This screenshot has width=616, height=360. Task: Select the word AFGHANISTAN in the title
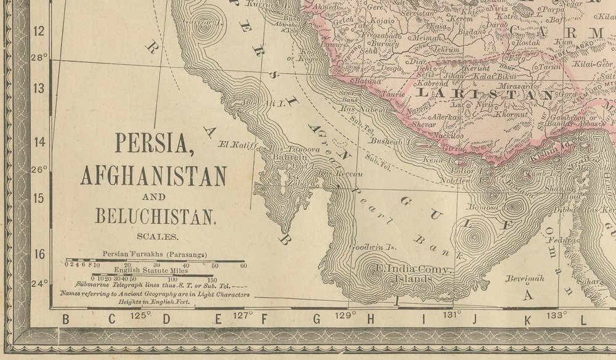point(153,176)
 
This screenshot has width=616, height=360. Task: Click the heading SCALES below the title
point(158,236)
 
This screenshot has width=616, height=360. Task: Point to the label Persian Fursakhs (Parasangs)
point(155,254)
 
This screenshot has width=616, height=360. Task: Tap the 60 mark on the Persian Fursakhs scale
point(244,266)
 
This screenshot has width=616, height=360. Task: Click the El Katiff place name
point(237,145)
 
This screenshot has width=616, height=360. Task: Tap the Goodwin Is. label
point(371,247)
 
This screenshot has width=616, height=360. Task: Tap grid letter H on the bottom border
point(371,319)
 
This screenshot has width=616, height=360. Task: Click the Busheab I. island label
point(385,141)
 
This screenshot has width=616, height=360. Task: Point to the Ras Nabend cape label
point(354,110)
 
